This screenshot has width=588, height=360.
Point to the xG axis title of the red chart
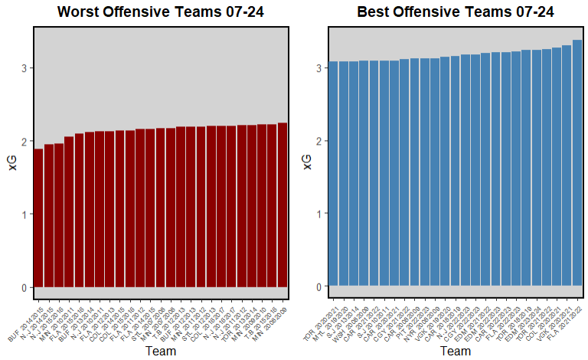pyautogui.click(x=12, y=160)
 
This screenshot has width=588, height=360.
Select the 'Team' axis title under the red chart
pyautogui.click(x=160, y=351)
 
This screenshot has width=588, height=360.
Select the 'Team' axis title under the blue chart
pyautogui.click(x=456, y=351)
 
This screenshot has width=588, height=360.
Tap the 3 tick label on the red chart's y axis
pyautogui.click(x=24, y=68)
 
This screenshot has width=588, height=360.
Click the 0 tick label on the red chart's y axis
pyautogui.click(x=24, y=288)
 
